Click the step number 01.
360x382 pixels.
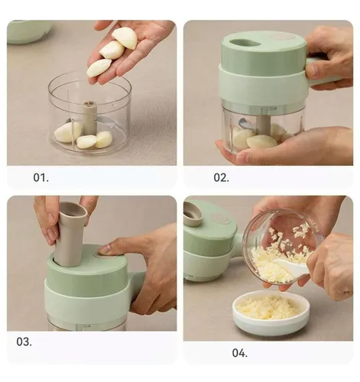pyautogui.click(x=41, y=177)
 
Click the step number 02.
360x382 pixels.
pyautogui.click(x=221, y=177)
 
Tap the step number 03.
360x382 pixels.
pyautogui.click(x=24, y=342)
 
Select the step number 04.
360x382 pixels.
pyautogui.click(x=240, y=353)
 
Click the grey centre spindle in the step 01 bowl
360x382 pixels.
pyautogui.click(x=89, y=118)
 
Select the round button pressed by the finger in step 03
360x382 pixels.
pyautogui.click(x=102, y=255)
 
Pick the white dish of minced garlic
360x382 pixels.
pyautogui.click(x=271, y=312)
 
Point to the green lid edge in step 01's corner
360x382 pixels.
pyautogui.click(x=28, y=33)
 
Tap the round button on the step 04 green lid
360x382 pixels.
pyautogui.click(x=220, y=218)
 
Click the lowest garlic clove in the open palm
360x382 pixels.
pyautogui.click(x=99, y=67)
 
